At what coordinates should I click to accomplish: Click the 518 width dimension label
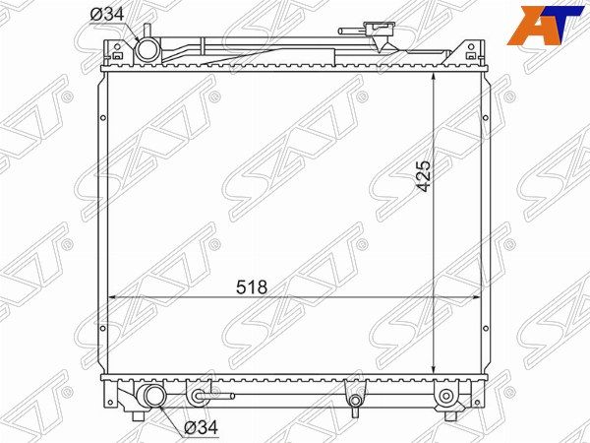[x=252, y=287]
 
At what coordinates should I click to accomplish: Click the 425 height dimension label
[x=424, y=176]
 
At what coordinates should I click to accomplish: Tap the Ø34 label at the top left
[x=107, y=15]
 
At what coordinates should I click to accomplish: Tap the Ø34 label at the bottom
[x=201, y=427]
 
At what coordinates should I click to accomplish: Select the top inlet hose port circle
[x=147, y=50]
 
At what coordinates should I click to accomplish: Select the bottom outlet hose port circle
[x=154, y=396]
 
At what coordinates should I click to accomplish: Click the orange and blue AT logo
[x=544, y=26]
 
